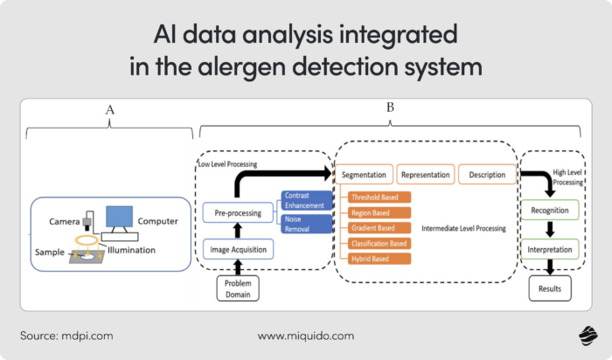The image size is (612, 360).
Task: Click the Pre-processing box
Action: click(x=239, y=212)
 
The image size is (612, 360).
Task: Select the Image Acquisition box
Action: click(x=239, y=251)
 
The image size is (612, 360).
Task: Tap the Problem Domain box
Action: click(x=239, y=288)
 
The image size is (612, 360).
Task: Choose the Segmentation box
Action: click(x=365, y=175)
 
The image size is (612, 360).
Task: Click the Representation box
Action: click(x=425, y=175)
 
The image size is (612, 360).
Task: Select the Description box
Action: click(x=487, y=175)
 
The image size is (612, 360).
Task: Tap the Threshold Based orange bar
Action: click(x=376, y=197)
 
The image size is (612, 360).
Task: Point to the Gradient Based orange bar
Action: click(x=376, y=228)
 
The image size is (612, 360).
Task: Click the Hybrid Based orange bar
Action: click(x=376, y=259)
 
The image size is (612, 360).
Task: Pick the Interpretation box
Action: click(x=551, y=250)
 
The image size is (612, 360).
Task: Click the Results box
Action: click(x=551, y=287)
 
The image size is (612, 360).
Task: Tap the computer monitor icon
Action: click(x=119, y=218)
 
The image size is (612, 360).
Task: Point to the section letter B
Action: click(x=390, y=108)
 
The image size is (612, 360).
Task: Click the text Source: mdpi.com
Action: click(x=66, y=336)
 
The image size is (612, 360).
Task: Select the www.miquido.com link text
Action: click(x=305, y=336)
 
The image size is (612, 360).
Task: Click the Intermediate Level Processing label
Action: click(x=463, y=229)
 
